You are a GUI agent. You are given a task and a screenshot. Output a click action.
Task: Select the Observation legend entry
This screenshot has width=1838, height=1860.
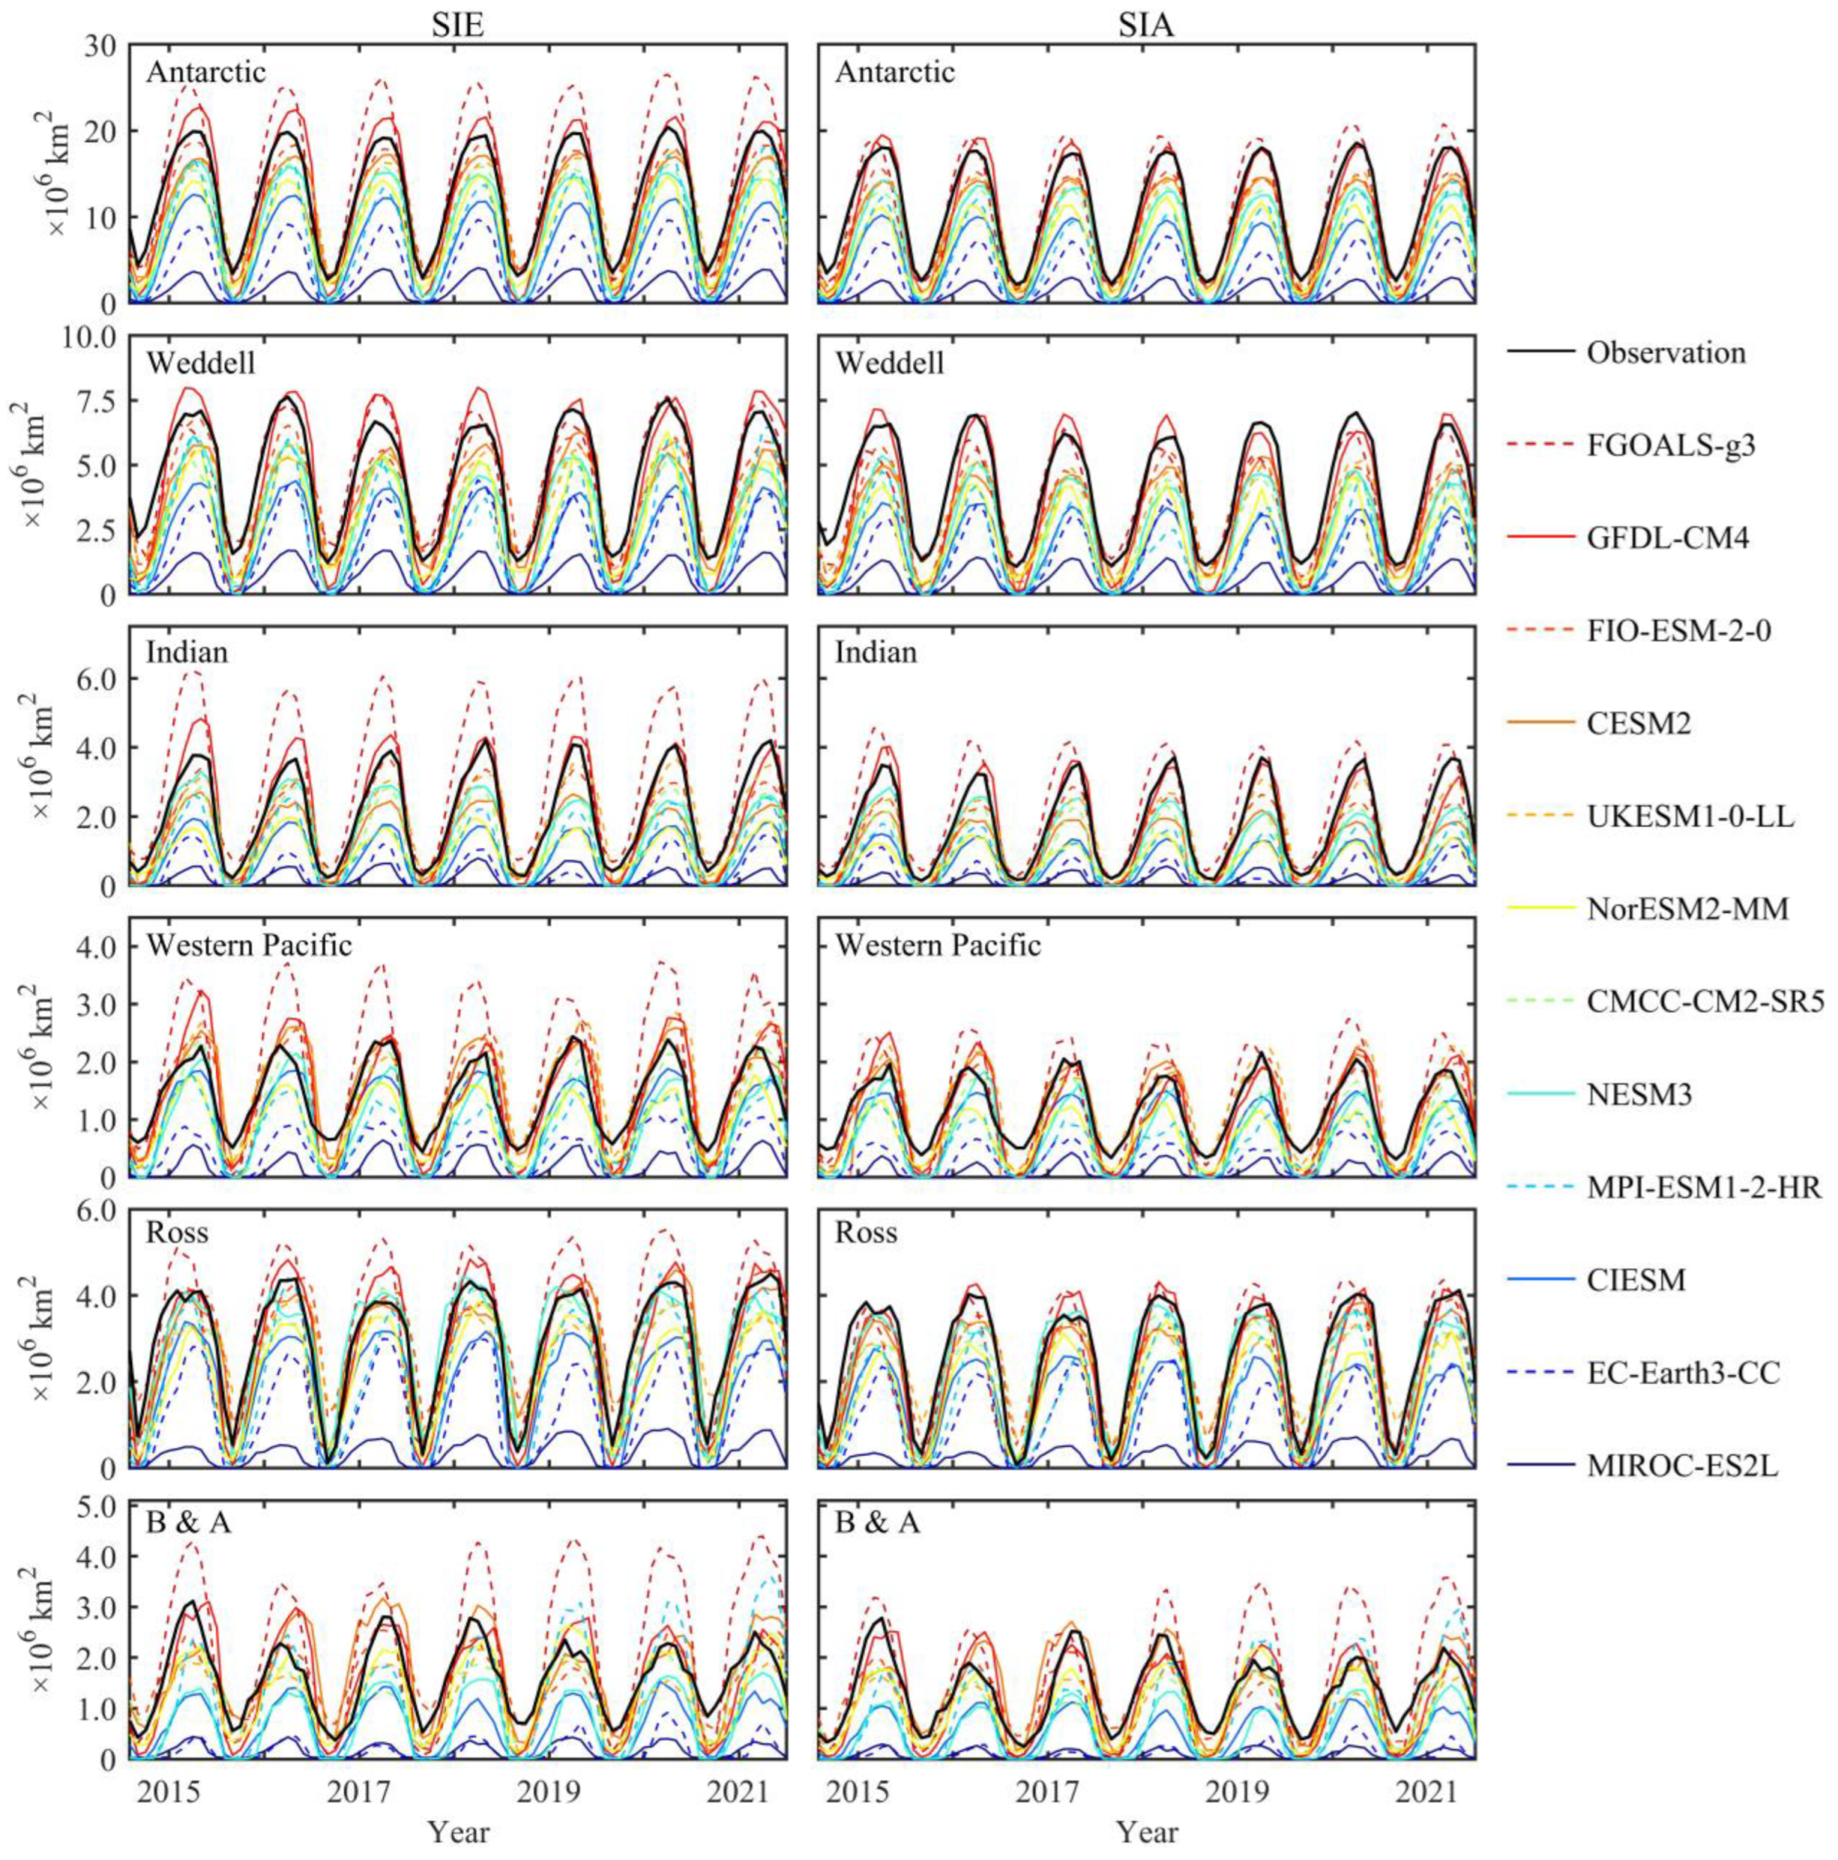1666,353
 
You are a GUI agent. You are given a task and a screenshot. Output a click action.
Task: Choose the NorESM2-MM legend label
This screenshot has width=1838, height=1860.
1687,909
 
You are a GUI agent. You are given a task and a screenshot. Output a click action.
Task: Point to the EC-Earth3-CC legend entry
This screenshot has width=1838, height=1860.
1683,1373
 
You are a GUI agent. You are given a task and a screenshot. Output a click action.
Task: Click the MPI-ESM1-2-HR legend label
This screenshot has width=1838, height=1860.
1703,1188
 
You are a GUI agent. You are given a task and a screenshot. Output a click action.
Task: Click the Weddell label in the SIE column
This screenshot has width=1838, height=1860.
201,364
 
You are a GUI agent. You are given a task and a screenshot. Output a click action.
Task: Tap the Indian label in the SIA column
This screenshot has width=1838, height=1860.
875,653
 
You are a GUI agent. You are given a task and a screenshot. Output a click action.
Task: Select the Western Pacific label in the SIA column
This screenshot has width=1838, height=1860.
937,945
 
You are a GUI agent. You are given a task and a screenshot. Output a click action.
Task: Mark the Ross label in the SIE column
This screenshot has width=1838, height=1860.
177,1232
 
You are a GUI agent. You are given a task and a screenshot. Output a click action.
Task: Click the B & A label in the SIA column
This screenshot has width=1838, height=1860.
877,1524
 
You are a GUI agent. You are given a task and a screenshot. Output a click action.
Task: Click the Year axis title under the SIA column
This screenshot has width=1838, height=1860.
1146,1829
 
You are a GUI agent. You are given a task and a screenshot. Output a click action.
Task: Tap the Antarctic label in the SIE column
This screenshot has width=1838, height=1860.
206,72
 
